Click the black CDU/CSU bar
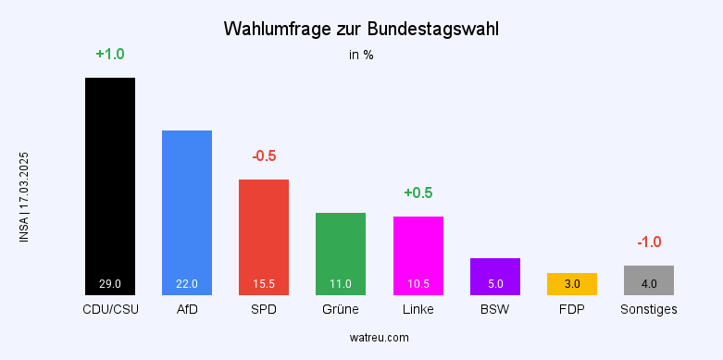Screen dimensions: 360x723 pyautogui.click(x=110, y=185)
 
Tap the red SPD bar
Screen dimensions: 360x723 pyautogui.click(x=264, y=236)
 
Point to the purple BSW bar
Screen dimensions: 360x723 pyautogui.click(x=495, y=276)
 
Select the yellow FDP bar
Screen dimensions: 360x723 pyautogui.click(x=572, y=284)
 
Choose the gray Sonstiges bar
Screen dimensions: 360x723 pyautogui.click(x=649, y=279)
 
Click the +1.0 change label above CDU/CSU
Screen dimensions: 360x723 pyautogui.click(x=110, y=55)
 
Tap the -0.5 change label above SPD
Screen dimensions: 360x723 pyautogui.click(x=264, y=155)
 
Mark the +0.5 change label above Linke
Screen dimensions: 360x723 pyautogui.click(x=418, y=192)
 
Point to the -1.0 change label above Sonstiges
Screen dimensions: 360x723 pyautogui.click(x=649, y=242)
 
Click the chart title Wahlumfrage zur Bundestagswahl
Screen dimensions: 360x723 pyautogui.click(x=361, y=29)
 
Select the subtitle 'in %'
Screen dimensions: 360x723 pyautogui.click(x=361, y=55)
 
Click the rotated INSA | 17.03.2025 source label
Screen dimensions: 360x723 pyautogui.click(x=24, y=197)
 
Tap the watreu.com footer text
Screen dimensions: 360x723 pyautogui.click(x=361, y=338)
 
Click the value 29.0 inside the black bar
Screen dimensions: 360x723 pyautogui.click(x=110, y=284)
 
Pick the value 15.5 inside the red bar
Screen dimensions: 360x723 pyautogui.click(x=264, y=284)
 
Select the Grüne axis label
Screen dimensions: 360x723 pyautogui.click(x=341, y=309)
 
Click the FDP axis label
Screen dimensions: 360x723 pyautogui.click(x=572, y=309)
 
